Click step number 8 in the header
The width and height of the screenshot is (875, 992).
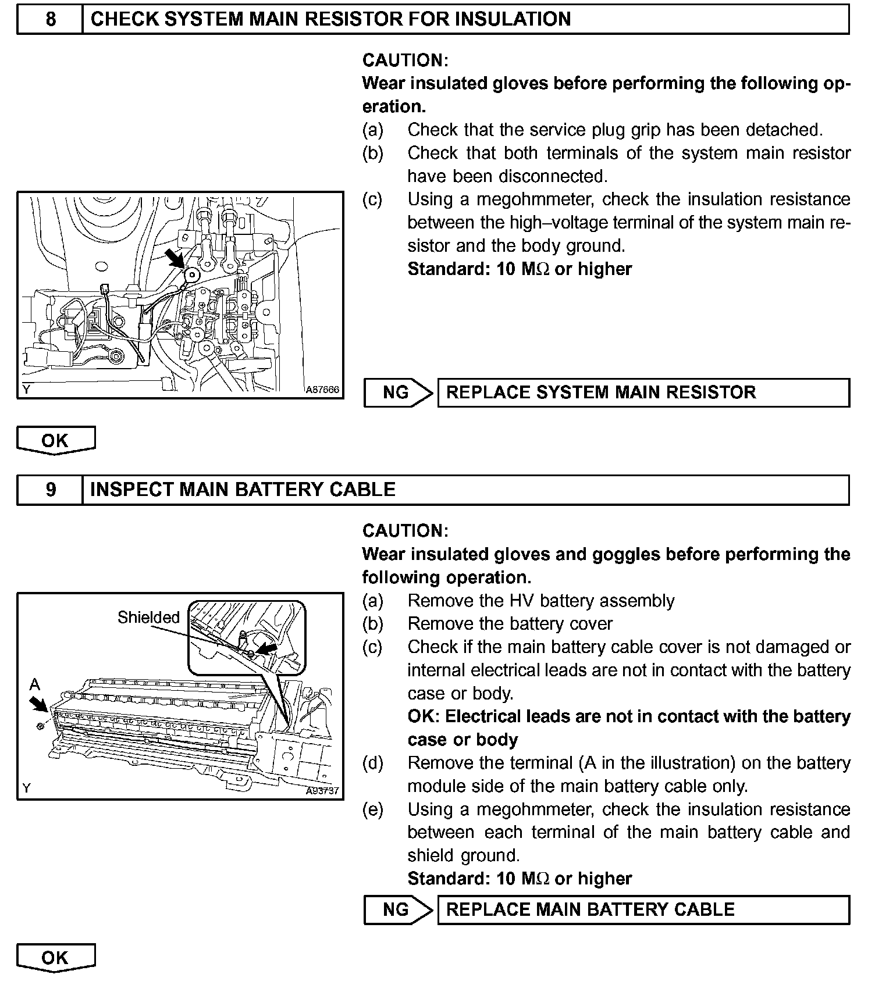pyautogui.click(x=51, y=19)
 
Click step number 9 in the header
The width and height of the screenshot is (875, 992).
pyautogui.click(x=51, y=490)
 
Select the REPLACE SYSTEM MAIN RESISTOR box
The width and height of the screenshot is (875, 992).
pyautogui.click(x=643, y=392)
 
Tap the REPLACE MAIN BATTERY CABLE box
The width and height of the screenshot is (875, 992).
pyautogui.click(x=643, y=909)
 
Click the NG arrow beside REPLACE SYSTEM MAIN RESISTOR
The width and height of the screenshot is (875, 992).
pyautogui.click(x=399, y=392)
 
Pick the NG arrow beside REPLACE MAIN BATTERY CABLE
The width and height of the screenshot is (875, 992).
pyautogui.click(x=399, y=909)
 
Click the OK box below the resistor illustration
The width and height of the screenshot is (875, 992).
pyautogui.click(x=55, y=440)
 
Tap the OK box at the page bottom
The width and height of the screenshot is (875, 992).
pyautogui.click(x=55, y=958)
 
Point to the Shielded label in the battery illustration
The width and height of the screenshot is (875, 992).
pyautogui.click(x=148, y=617)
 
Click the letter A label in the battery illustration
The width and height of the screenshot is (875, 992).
pyautogui.click(x=35, y=684)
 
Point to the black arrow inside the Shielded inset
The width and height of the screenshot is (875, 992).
pyautogui.click(x=268, y=647)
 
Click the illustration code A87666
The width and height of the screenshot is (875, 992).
pyautogui.click(x=322, y=390)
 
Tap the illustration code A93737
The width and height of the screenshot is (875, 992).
pyautogui.click(x=322, y=791)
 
